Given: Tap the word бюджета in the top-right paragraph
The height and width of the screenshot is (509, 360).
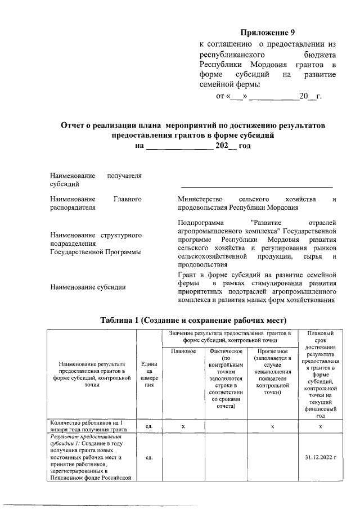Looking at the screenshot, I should pyautogui.click(x=319, y=55).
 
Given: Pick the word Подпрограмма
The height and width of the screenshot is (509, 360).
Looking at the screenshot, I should pyautogui.click(x=200, y=222).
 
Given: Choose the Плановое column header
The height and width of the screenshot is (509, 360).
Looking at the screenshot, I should pyautogui.click(x=183, y=352).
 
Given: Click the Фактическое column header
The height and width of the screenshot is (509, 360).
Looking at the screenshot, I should pyautogui.click(x=225, y=352).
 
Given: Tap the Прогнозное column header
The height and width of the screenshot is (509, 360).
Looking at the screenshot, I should pyautogui.click(x=272, y=352).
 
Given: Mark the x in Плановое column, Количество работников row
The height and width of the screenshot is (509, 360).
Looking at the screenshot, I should pyautogui.click(x=183, y=426).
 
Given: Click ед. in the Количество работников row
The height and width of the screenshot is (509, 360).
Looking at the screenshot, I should pyautogui.click(x=149, y=426).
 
